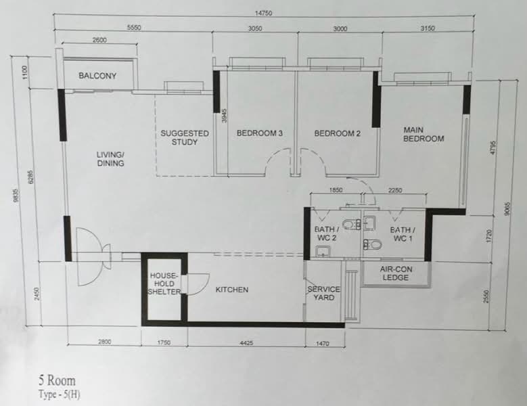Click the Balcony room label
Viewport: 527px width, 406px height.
tap(97, 76)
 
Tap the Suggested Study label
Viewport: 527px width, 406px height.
tap(185, 137)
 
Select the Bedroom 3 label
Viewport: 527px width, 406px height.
tap(260, 133)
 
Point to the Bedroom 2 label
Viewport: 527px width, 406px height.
tap(337, 133)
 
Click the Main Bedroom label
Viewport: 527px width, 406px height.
tap(423, 134)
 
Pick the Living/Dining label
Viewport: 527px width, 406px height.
tap(110, 159)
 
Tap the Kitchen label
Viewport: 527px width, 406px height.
tap(232, 290)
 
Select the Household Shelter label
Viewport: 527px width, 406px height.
tap(164, 284)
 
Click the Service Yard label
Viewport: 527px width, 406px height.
tap(323, 293)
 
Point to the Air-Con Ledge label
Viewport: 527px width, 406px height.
tap(396, 273)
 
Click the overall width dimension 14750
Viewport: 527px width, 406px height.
tap(264, 13)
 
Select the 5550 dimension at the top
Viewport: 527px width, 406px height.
tap(134, 28)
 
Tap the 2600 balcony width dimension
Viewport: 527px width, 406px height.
tap(99, 40)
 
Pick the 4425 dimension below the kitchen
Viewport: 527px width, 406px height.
tap(246, 343)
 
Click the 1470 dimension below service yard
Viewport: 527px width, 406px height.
tap(322, 344)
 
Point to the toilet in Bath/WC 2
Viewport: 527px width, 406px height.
tap(352, 224)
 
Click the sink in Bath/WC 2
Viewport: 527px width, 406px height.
tap(323, 251)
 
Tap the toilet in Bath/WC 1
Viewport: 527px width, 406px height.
tap(372, 244)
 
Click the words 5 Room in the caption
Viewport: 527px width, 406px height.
tap(57, 380)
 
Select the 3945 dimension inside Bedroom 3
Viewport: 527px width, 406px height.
tap(225, 115)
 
